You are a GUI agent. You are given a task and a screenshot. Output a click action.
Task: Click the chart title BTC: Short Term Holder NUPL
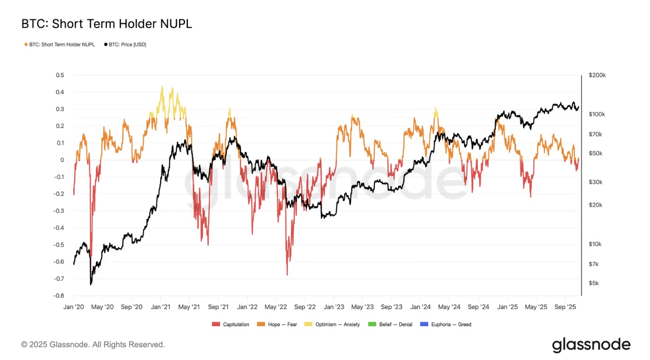point(107,24)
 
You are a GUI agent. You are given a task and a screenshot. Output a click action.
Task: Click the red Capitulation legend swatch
point(216,325)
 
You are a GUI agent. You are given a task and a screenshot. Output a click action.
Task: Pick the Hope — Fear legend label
point(282,325)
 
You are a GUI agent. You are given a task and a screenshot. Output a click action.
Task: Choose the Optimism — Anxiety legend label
point(337,325)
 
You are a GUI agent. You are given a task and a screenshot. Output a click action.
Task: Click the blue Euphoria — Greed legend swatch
point(422,325)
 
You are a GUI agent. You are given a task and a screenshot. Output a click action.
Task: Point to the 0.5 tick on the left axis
point(60,75)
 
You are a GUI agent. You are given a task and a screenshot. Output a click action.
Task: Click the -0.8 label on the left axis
point(59,296)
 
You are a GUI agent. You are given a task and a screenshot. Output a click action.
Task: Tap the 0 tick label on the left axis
point(62,160)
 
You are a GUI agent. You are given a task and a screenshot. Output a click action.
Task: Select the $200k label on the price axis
point(597,75)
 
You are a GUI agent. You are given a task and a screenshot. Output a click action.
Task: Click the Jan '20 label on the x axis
point(74,307)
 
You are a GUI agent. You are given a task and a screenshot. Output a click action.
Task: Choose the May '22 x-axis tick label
point(276,307)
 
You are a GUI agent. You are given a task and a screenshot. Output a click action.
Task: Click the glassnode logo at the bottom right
point(591,345)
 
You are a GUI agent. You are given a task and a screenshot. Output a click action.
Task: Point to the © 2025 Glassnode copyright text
point(93,345)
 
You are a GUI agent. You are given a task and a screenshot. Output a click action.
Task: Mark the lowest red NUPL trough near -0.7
point(287,274)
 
